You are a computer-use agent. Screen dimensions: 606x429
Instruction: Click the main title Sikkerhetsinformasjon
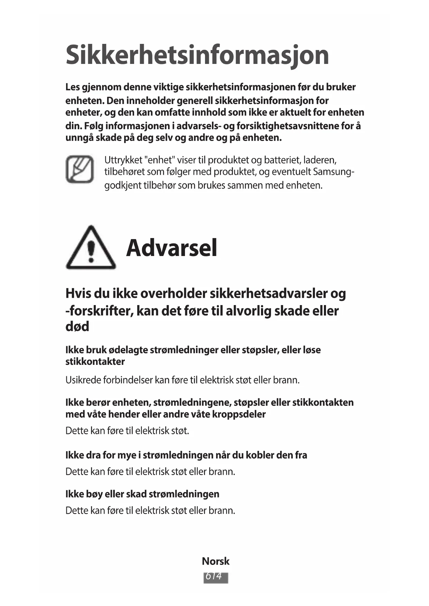197,55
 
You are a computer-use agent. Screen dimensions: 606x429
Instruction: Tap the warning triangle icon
91,248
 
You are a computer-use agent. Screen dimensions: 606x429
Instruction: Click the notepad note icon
80,169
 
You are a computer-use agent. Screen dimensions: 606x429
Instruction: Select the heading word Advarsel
171,248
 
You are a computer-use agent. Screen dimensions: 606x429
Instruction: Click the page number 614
215,577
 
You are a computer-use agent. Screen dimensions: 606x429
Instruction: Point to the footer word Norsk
215,561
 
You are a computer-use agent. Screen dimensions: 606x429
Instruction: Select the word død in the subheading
77,326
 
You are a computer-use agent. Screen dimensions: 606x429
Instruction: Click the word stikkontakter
95,362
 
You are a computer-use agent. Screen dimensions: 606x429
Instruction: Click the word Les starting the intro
72,87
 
